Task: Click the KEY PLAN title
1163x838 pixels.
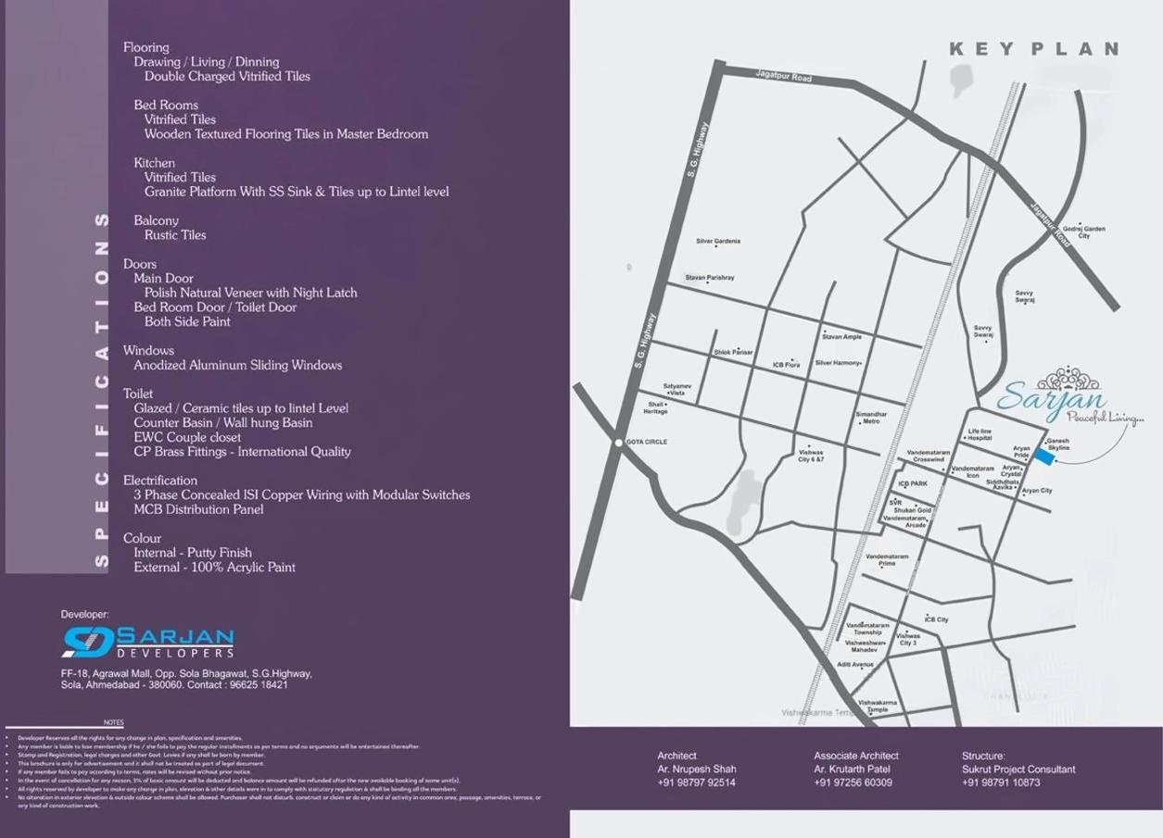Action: pyautogui.click(x=1033, y=49)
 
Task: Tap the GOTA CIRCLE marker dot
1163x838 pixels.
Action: pyautogui.click(x=618, y=443)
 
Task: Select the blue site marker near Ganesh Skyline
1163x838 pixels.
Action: pyautogui.click(x=1043, y=457)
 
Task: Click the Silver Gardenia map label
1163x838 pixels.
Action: pyautogui.click(x=718, y=242)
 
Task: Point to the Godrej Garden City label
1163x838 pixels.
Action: pyautogui.click(x=1083, y=231)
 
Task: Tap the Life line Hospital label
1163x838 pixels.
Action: pyautogui.click(x=980, y=434)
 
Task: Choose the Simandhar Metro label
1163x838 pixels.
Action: pyautogui.click(x=871, y=418)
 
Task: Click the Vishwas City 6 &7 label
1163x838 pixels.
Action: pyautogui.click(x=811, y=456)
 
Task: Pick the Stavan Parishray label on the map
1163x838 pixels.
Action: pyautogui.click(x=710, y=278)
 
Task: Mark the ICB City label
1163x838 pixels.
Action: pyautogui.click(x=936, y=619)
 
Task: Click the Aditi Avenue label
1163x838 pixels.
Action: pyautogui.click(x=855, y=664)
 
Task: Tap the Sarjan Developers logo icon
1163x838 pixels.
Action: pyautogui.click(x=88, y=642)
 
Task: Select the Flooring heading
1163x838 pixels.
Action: pyautogui.click(x=146, y=47)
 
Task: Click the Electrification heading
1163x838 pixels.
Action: pyautogui.click(x=160, y=481)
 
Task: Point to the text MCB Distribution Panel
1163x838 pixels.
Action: pyautogui.click(x=198, y=509)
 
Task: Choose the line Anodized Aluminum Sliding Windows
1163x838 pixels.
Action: pyautogui.click(x=237, y=365)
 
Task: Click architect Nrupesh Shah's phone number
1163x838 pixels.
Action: pyautogui.click(x=696, y=782)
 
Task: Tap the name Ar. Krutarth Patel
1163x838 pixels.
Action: pyautogui.click(x=852, y=769)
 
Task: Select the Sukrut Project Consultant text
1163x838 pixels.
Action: pyautogui.click(x=1018, y=769)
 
